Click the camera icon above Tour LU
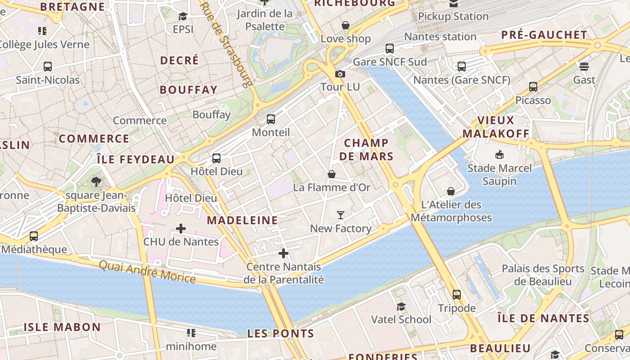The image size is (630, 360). tap(340, 74)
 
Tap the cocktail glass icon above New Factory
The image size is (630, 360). tap(341, 215)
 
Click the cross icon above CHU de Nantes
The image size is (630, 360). tap(180, 229)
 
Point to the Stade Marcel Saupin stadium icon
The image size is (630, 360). tap(499, 155)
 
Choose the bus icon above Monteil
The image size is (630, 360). tap(270, 119)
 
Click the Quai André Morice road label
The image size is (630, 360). tap(147, 272)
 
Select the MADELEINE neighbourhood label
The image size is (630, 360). tap(242, 220)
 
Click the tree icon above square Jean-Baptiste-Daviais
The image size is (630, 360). tap(96, 182)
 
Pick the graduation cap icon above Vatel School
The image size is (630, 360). tap(400, 306)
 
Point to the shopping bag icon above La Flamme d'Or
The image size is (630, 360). tap(332, 174)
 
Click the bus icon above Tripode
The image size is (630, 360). tap(457, 295)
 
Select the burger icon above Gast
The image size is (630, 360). tap(584, 67)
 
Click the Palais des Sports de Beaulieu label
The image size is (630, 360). tap(543, 275)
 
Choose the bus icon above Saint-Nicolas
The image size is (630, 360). tap(48, 67)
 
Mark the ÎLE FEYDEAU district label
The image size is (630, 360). tap(135, 159)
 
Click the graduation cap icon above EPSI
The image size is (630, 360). tap(183, 17)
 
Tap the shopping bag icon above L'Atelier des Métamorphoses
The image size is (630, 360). tap(451, 191)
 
